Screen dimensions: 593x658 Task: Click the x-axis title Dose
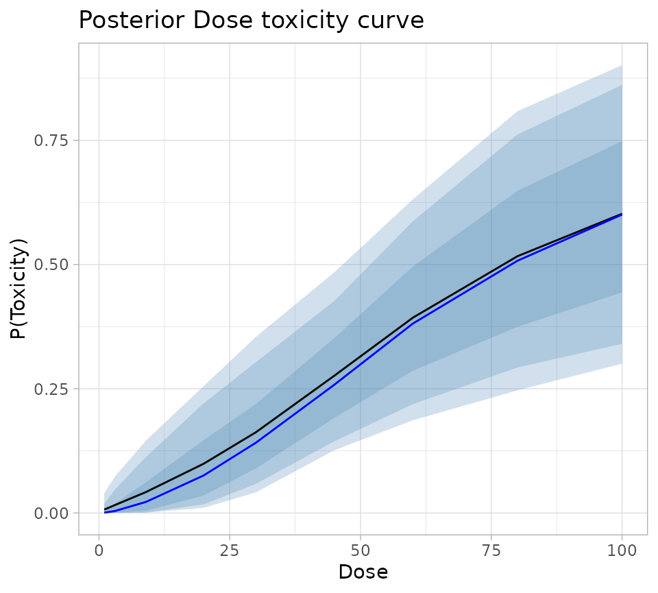[363, 572]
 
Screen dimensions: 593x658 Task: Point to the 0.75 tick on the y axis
[52, 141]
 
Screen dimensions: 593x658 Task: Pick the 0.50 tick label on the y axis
[52, 265]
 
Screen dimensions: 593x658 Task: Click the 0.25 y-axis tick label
[52, 389]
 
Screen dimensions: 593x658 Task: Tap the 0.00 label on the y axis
[52, 513]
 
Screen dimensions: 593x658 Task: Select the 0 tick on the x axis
[99, 550]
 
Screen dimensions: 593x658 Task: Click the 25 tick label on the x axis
[230, 550]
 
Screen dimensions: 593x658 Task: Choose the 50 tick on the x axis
[361, 550]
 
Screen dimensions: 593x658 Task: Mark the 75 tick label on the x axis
[491, 550]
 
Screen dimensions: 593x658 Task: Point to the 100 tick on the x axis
[622, 550]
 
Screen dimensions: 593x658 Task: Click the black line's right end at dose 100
[622, 214]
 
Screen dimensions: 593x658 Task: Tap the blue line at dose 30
[256, 443]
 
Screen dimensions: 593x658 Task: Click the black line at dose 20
[204, 464]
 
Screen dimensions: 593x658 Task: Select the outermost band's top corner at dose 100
[622, 65]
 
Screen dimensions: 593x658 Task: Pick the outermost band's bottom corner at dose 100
[622, 363]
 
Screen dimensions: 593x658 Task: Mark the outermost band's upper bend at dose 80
[517, 111]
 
